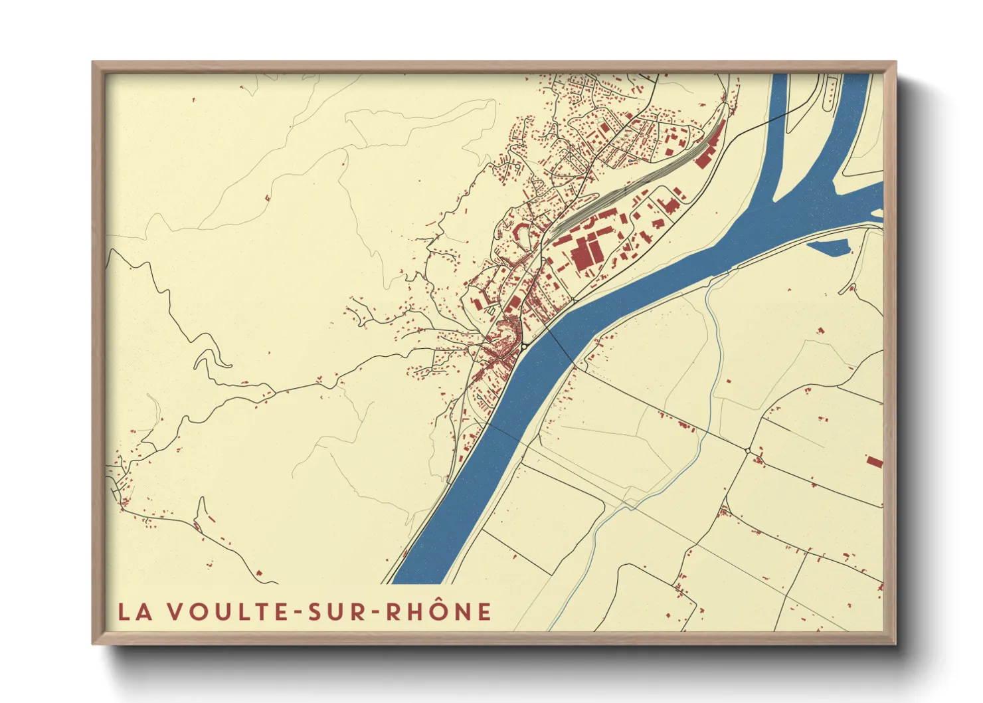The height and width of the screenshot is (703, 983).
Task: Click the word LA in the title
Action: coord(134,612)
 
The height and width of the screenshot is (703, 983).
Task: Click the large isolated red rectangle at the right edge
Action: coord(874,461)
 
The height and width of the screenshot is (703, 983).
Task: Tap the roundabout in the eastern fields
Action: coord(748,451)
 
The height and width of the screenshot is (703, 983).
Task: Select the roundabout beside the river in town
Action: coord(524,346)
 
